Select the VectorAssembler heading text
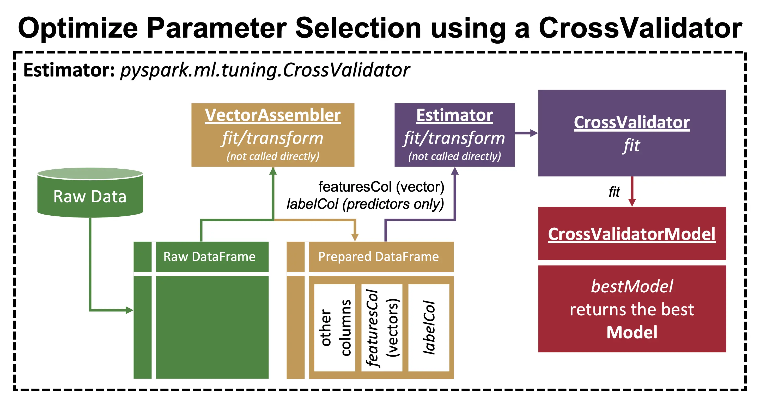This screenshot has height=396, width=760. click(x=273, y=115)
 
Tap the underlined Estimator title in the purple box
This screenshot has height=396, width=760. click(x=454, y=115)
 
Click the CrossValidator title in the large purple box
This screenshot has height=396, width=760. click(x=632, y=122)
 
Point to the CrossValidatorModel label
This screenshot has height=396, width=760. click(x=632, y=234)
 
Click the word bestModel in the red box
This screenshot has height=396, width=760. click(x=632, y=286)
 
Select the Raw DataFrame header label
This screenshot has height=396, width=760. click(x=209, y=257)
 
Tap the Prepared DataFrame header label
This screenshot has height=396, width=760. click(x=378, y=257)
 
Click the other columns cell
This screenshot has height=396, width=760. click(x=335, y=328)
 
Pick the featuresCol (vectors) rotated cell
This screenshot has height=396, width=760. click(x=382, y=328)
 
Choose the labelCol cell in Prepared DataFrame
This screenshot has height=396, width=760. click(x=429, y=328)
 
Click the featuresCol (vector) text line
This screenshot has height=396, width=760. click(x=381, y=187)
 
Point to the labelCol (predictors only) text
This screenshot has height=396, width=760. click(x=365, y=204)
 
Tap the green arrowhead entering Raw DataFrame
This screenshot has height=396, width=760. click(x=129, y=310)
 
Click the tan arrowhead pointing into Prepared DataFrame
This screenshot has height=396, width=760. click(x=355, y=237)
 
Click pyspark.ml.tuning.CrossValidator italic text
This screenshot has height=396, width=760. click(x=265, y=70)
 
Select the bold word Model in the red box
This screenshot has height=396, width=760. click(x=632, y=332)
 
